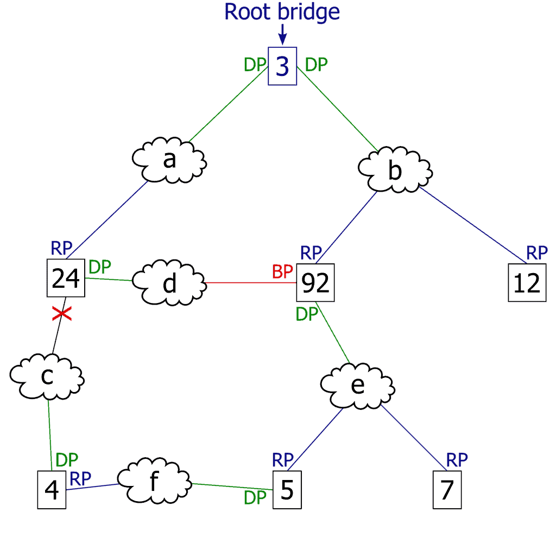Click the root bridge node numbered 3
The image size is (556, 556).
(282, 67)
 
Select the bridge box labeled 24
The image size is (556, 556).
(66, 279)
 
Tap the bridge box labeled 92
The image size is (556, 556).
(315, 283)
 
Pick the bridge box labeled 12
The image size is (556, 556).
(527, 283)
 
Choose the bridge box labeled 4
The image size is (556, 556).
(52, 490)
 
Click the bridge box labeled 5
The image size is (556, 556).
(286, 490)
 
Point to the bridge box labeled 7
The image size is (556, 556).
(447, 490)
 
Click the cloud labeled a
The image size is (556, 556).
(169, 161)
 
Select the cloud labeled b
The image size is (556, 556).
(395, 169)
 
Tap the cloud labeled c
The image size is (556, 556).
(47, 376)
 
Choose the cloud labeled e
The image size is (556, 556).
(357, 385)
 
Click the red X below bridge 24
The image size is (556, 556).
(62, 313)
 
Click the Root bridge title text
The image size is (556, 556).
(282, 12)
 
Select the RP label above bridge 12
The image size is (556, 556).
(537, 252)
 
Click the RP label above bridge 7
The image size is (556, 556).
(457, 460)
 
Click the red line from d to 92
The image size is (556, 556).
(250, 283)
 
